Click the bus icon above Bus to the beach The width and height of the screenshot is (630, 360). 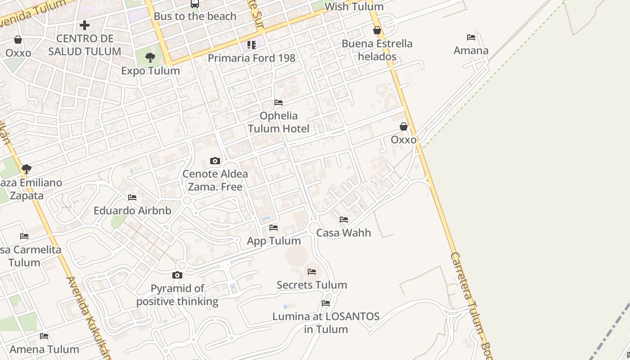pos(194,4)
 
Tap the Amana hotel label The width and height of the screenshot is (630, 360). pos(471,50)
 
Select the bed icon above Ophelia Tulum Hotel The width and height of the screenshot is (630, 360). pos(279,103)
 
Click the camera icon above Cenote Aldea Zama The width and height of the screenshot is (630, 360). pos(215,161)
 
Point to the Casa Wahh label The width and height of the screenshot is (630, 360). pos(343,233)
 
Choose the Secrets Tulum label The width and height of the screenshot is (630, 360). pos(311,285)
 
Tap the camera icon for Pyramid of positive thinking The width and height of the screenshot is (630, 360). pos(177,275)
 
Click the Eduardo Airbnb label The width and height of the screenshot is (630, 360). pos(132,211)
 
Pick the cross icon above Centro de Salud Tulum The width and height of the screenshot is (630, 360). pos(84,25)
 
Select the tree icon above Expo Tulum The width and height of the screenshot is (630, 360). pos(150,58)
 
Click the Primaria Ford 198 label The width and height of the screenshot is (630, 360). pos(251,58)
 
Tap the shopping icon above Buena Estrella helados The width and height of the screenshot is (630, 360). pos(377,31)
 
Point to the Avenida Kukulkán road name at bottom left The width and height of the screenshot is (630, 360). pos(88,317)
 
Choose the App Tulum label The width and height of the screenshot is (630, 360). pos(274,241)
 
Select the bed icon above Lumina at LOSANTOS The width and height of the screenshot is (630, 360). pos(326,303)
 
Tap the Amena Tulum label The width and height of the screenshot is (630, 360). pos(44,349)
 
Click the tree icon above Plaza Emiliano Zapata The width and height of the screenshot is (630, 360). pos(27,169)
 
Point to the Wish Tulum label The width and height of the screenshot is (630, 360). pos(354,7)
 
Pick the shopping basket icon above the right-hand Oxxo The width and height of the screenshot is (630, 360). pos(404,126)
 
